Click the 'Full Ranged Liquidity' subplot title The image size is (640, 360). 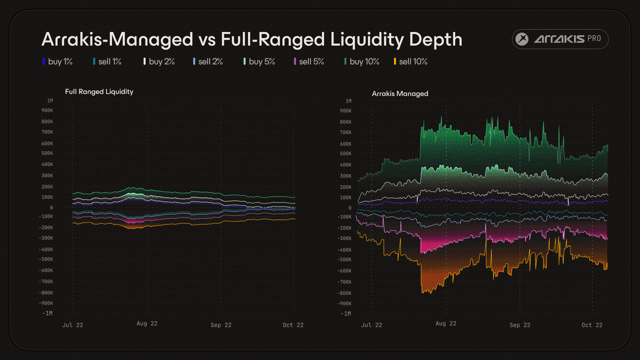click(99, 92)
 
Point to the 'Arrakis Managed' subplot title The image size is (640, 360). click(400, 94)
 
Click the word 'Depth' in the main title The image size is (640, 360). click(436, 40)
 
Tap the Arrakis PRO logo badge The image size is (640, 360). click(560, 39)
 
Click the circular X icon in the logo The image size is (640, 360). click(522, 39)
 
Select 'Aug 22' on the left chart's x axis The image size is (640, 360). click(147, 324)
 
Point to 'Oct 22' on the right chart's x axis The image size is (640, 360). click(592, 325)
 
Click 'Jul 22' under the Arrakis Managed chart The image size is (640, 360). click(372, 325)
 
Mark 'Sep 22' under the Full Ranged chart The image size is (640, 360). click(221, 325)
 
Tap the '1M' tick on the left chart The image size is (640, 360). click(50, 101)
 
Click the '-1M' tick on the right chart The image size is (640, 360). click(346, 314)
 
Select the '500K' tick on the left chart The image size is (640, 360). click(47, 153)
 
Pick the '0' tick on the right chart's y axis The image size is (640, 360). click(350, 208)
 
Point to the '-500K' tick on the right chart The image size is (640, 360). click(344, 260)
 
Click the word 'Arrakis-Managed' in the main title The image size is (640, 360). click(117, 40)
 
